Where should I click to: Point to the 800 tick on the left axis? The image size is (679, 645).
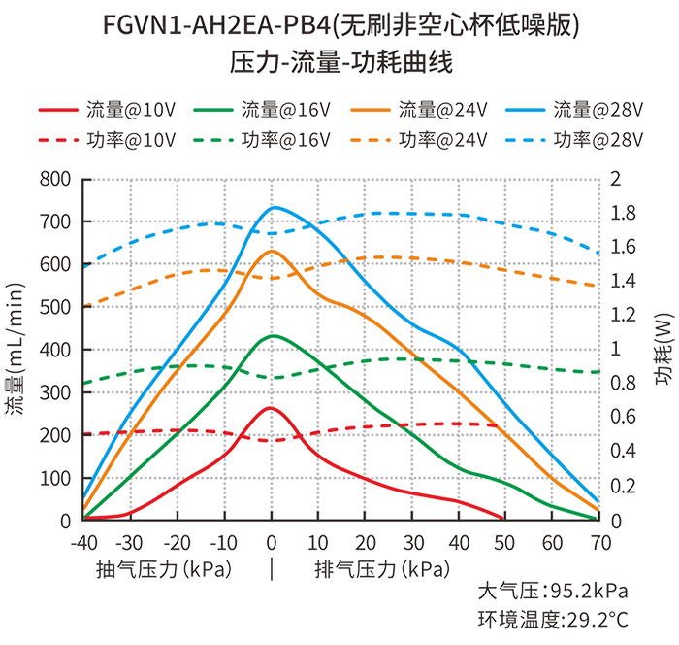[x=55, y=179]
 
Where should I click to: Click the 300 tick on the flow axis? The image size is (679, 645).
[x=55, y=392]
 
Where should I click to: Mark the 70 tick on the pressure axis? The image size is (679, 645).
[x=598, y=541]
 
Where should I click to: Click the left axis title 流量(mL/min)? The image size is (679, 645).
[x=18, y=350]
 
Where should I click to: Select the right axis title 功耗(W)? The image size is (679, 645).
[x=663, y=350]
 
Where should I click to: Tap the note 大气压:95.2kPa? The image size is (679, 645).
[x=553, y=591]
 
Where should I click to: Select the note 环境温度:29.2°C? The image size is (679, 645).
[x=553, y=619]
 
